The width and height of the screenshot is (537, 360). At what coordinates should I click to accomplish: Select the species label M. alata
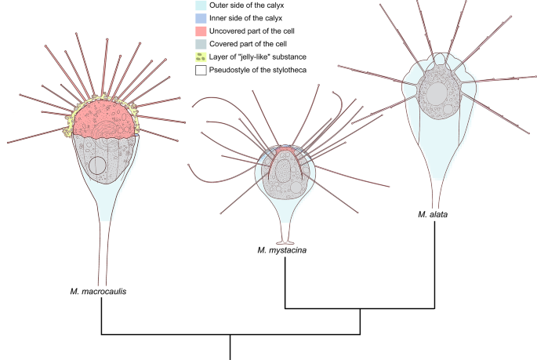434,213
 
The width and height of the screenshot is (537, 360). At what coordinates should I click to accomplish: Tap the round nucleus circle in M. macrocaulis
97,165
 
